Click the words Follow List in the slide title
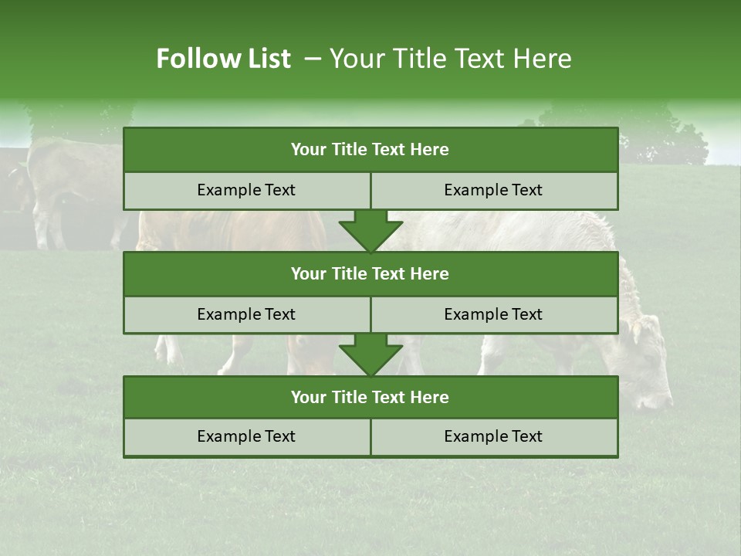(x=224, y=59)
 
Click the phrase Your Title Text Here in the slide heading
(x=450, y=59)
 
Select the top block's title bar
(x=370, y=150)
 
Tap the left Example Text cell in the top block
(x=246, y=190)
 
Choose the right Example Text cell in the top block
(x=493, y=190)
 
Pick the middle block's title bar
(x=370, y=273)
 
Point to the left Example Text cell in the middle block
(x=246, y=314)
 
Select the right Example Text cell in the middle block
(x=493, y=314)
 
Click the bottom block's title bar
(x=370, y=397)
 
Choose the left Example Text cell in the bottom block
(x=246, y=436)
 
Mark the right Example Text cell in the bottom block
(x=493, y=436)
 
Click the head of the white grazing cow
(x=645, y=363)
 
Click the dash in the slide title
(x=313, y=59)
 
